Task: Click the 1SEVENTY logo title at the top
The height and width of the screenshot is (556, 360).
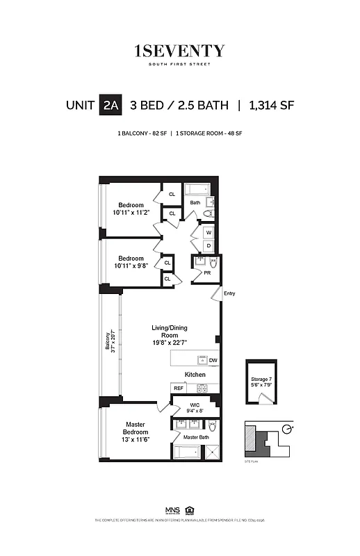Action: pyautogui.click(x=179, y=51)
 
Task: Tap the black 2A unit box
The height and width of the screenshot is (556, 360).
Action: pyautogui.click(x=111, y=106)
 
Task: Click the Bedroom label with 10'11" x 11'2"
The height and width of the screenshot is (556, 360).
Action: pyautogui.click(x=131, y=208)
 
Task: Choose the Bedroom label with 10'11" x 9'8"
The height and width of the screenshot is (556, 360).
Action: pyautogui.click(x=131, y=262)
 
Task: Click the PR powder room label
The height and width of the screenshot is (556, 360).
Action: pyautogui.click(x=207, y=273)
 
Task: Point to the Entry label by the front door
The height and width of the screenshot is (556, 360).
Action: pyautogui.click(x=229, y=293)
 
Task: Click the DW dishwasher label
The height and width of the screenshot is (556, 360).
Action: pyautogui.click(x=213, y=361)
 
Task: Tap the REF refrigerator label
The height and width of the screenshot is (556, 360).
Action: pyautogui.click(x=179, y=389)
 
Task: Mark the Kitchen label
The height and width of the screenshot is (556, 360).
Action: pyautogui.click(x=195, y=375)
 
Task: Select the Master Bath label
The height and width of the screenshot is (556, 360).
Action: pyautogui.click(x=196, y=436)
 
